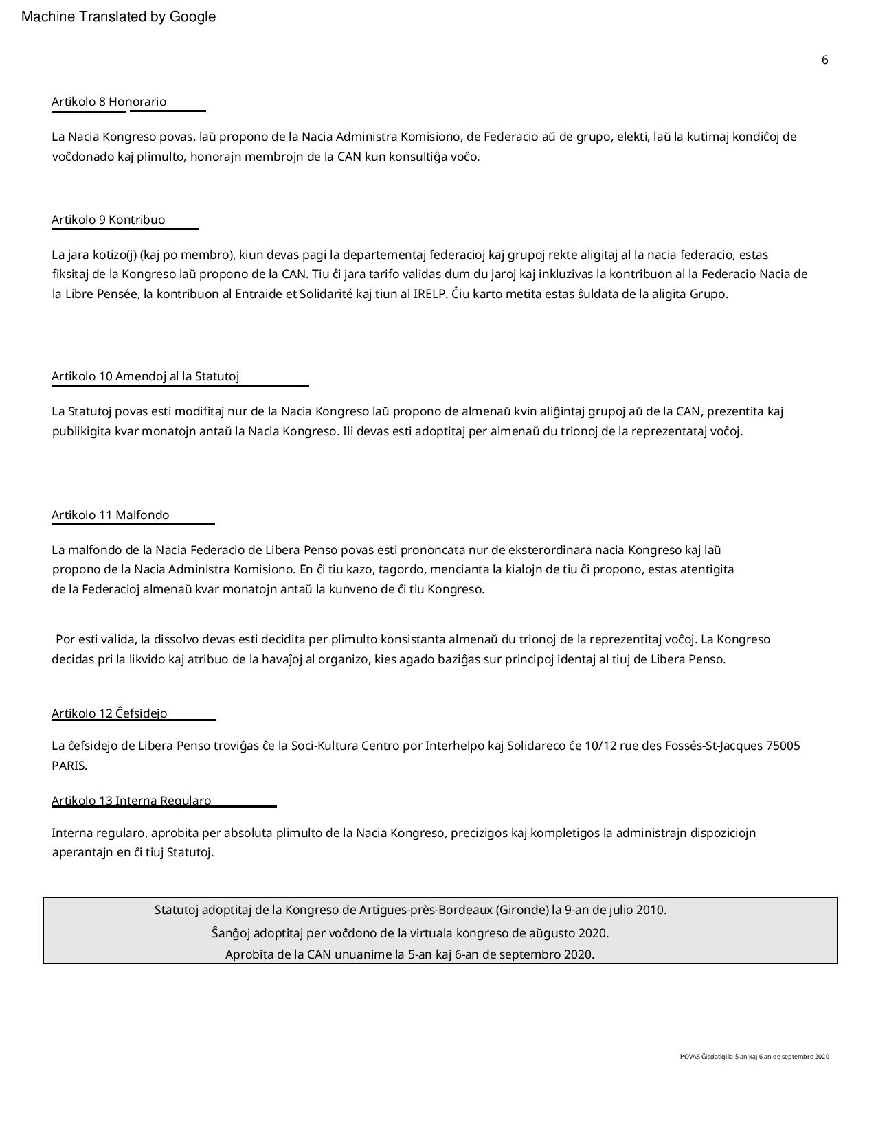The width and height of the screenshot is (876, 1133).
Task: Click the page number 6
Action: [x=824, y=60]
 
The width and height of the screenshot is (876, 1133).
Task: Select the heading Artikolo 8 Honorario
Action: [x=109, y=102]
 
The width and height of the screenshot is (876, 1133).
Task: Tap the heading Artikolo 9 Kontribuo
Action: [x=109, y=220]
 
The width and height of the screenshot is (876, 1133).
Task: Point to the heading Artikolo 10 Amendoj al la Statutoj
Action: [x=146, y=377]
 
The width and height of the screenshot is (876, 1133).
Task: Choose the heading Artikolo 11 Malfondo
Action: [x=111, y=516]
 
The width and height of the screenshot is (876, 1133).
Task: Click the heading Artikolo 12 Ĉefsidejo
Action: [x=109, y=713]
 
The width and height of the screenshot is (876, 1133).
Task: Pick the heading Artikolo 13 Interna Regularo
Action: [x=131, y=801]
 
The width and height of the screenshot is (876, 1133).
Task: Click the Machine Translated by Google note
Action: [x=118, y=17]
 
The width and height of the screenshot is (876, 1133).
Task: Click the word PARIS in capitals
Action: [x=69, y=766]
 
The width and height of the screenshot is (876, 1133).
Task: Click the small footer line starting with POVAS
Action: [x=754, y=1057]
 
